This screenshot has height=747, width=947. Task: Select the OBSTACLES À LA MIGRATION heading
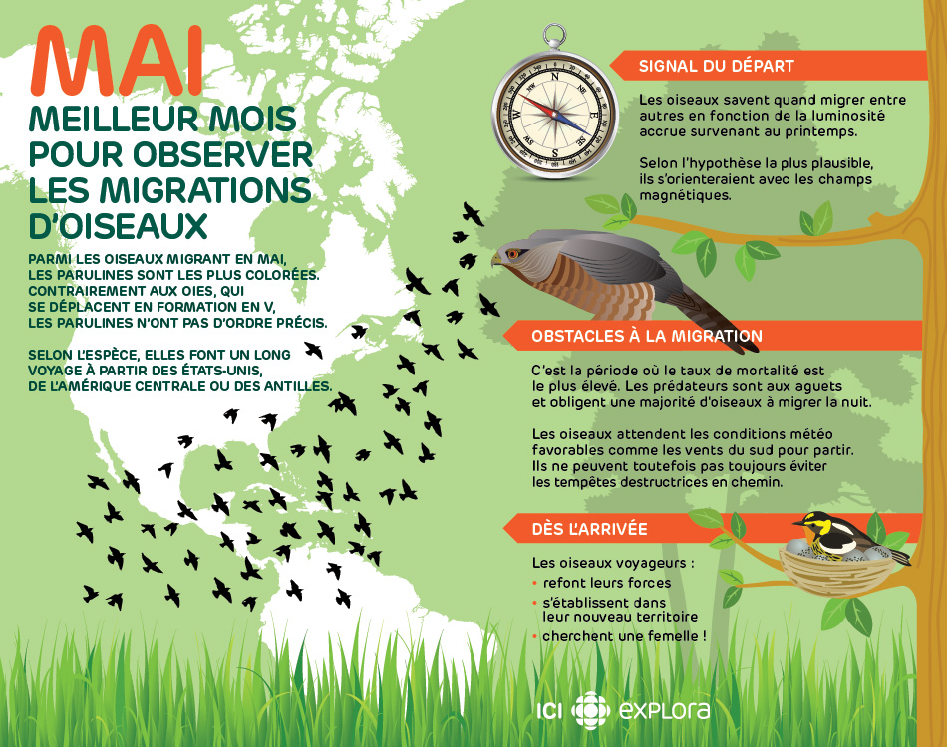[x=647, y=336]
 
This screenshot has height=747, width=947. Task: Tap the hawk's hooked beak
[x=495, y=261]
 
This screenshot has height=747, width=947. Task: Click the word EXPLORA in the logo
[x=665, y=711]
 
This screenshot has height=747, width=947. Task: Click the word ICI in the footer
[x=550, y=711]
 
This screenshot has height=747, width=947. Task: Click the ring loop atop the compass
[x=555, y=36]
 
